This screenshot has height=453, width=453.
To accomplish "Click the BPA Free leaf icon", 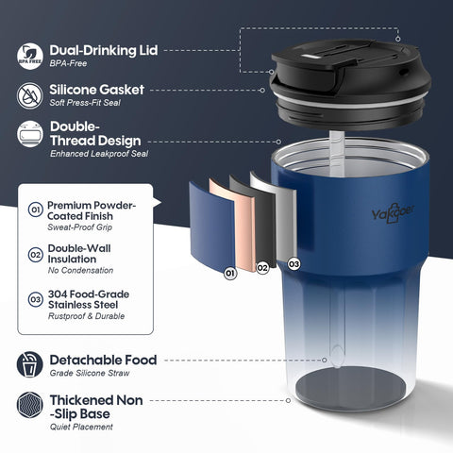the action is [30, 57].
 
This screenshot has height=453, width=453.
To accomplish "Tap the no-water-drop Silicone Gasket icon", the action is [30, 96].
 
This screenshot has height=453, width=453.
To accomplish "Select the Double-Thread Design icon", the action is [30, 134].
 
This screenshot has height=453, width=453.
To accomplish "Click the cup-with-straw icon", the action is [30, 364].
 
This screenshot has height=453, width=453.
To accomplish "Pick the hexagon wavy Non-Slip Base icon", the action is [30, 405].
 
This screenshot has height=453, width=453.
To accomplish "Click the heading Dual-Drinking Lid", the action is [104, 50].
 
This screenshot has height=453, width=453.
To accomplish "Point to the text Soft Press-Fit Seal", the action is [85, 103].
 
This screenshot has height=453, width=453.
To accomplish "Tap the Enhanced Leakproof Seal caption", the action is [99, 154].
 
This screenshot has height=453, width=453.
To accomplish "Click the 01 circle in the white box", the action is [36, 210].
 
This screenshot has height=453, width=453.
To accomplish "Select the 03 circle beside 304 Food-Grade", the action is [36, 299].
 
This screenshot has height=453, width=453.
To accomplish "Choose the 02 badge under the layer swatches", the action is [262, 268].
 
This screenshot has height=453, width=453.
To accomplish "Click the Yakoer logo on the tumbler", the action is [393, 214].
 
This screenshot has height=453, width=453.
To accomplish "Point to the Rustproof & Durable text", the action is [86, 316].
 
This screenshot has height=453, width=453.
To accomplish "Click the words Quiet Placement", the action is [81, 427].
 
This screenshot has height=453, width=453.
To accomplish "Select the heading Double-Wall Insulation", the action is [79, 254].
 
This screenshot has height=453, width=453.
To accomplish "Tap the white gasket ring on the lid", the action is [350, 103].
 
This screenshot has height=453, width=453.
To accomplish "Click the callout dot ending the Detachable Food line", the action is [325, 360].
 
